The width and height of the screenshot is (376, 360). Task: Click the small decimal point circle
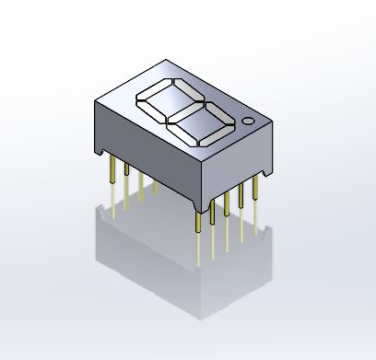coord(248,121)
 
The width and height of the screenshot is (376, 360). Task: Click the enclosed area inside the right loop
coord(201,118)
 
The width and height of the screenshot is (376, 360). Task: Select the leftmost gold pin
coord(112,180)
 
